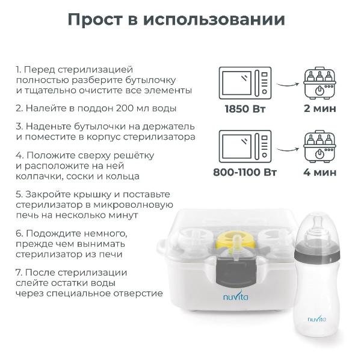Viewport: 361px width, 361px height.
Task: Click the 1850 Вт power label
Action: click(245, 109)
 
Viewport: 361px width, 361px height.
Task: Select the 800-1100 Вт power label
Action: click(245, 171)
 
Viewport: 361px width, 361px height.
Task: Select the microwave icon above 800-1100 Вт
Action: click(244, 145)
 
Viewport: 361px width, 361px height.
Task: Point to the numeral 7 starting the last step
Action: click(18, 272)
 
